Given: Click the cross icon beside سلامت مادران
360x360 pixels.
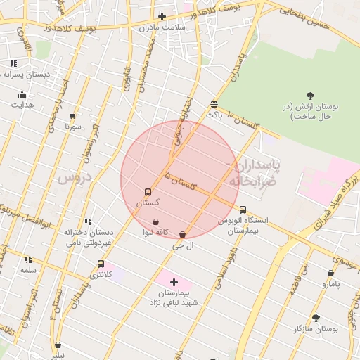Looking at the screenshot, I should (162, 16).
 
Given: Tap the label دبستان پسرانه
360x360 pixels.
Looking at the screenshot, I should (28, 74).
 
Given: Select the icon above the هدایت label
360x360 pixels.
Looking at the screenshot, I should (22, 94).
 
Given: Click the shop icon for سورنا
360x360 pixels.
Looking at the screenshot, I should (72, 116).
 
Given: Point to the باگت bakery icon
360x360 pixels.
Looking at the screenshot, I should (213, 104).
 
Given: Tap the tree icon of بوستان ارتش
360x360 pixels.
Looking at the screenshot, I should (310, 96).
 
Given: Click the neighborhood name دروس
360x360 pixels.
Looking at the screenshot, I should (75, 177).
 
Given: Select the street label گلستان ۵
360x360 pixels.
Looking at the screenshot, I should (179, 180).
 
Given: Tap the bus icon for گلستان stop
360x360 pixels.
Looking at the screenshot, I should (148, 192).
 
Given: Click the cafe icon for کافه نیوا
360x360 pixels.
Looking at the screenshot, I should (155, 222).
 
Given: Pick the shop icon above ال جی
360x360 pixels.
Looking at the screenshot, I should (183, 235).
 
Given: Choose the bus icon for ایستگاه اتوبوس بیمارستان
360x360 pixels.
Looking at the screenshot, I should (243, 210).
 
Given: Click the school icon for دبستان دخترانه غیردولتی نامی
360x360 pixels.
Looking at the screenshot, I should (88, 222).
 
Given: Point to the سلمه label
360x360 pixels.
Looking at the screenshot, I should (28, 270).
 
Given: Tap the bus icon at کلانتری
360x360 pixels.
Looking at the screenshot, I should (101, 264).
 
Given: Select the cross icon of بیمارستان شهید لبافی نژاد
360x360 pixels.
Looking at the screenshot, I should (174, 282).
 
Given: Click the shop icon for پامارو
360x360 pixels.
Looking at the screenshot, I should (330, 274).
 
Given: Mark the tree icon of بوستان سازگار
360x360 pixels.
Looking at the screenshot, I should (316, 318).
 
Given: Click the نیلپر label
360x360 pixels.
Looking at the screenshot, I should (57, 355).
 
